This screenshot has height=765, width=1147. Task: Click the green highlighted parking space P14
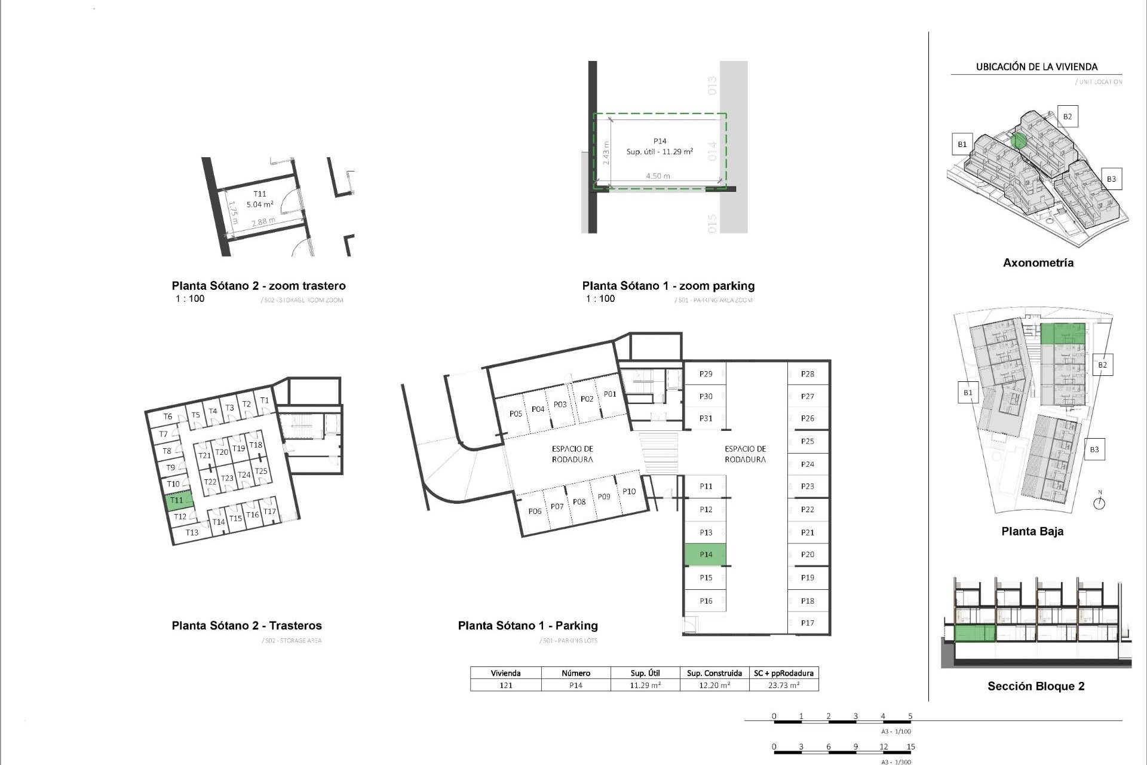[705, 555]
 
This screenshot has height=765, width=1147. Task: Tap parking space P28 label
[807, 374]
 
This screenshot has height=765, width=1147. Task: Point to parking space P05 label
[516, 414]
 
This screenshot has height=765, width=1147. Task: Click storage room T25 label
[261, 471]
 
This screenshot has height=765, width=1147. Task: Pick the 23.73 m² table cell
[783, 686]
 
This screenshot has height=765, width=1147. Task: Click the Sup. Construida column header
[714, 673]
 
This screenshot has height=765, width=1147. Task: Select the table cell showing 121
[505, 686]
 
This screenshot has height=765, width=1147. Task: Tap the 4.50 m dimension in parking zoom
[657, 176]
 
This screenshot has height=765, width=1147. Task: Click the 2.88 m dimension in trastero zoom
[263, 222]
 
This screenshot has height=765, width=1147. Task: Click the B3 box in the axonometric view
[1111, 179]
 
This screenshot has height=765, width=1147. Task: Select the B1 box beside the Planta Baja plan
[968, 393]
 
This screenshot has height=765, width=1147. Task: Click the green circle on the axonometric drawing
[1019, 141]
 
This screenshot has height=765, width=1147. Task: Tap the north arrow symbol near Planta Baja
[1099, 503]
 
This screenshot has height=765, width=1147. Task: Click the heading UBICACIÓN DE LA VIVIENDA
[1036, 67]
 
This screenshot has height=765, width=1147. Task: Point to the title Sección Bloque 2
[1035, 686]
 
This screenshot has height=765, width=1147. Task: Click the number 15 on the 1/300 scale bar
[910, 746]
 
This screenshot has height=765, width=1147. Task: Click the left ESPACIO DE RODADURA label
[572, 454]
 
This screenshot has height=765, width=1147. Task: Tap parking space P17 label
[807, 623]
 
